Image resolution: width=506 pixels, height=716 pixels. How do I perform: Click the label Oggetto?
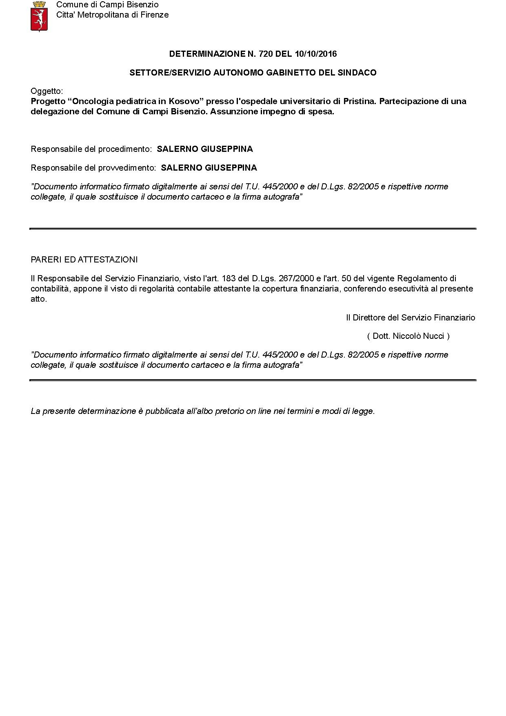pos(47,91)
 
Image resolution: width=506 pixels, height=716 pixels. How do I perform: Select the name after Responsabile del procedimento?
pos(205,149)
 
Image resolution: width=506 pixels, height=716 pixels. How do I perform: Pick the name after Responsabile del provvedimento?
pos(209,168)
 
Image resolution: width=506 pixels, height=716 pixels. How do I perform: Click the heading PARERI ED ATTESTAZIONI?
pos(84,260)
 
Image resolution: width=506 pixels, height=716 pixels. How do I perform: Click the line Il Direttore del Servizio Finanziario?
pos(411,318)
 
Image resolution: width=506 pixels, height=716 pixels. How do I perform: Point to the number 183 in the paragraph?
pos(229,278)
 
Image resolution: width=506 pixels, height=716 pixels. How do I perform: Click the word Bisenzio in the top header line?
pos(142,5)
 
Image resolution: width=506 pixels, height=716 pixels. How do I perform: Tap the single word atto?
pos(39,299)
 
